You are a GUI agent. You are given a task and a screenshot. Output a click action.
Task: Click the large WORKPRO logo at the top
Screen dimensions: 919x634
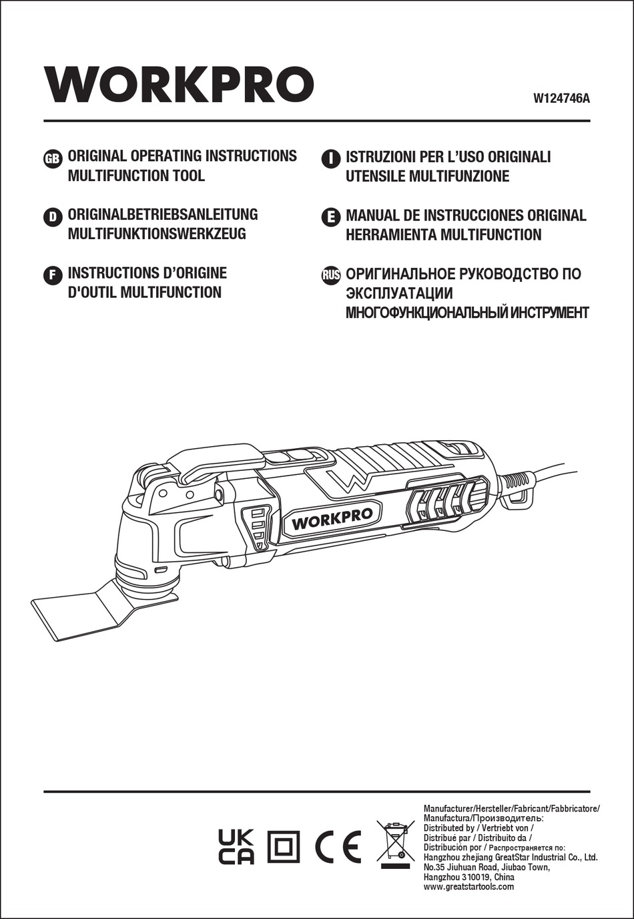coord(179,85)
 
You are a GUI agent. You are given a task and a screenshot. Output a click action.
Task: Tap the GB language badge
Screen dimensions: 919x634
coord(52,158)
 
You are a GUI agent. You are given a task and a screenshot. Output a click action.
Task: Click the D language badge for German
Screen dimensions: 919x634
coord(52,216)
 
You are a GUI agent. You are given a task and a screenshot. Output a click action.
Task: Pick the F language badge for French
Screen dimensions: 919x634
coord(52,274)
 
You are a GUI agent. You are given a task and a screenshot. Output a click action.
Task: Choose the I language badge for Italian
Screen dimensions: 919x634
coord(330,158)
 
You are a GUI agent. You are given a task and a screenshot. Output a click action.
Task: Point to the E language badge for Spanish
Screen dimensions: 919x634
coord(330,216)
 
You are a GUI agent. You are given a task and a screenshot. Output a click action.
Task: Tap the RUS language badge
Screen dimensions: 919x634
coord(331,274)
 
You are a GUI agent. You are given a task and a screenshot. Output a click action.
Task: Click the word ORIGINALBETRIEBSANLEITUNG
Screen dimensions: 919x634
coord(162,214)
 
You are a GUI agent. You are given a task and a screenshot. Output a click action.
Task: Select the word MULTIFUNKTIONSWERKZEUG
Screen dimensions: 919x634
coord(157,234)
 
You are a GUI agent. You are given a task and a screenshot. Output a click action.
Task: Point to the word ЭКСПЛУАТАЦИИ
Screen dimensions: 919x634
coord(399,294)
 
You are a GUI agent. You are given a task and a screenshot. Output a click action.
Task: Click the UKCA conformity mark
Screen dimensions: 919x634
coord(236,847)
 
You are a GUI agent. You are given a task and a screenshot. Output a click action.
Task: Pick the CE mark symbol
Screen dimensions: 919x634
coord(338,847)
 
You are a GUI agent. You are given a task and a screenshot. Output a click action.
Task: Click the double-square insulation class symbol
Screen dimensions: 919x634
coord(284,848)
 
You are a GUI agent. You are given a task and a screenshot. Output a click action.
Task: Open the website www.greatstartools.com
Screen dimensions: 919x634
coord(468,887)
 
